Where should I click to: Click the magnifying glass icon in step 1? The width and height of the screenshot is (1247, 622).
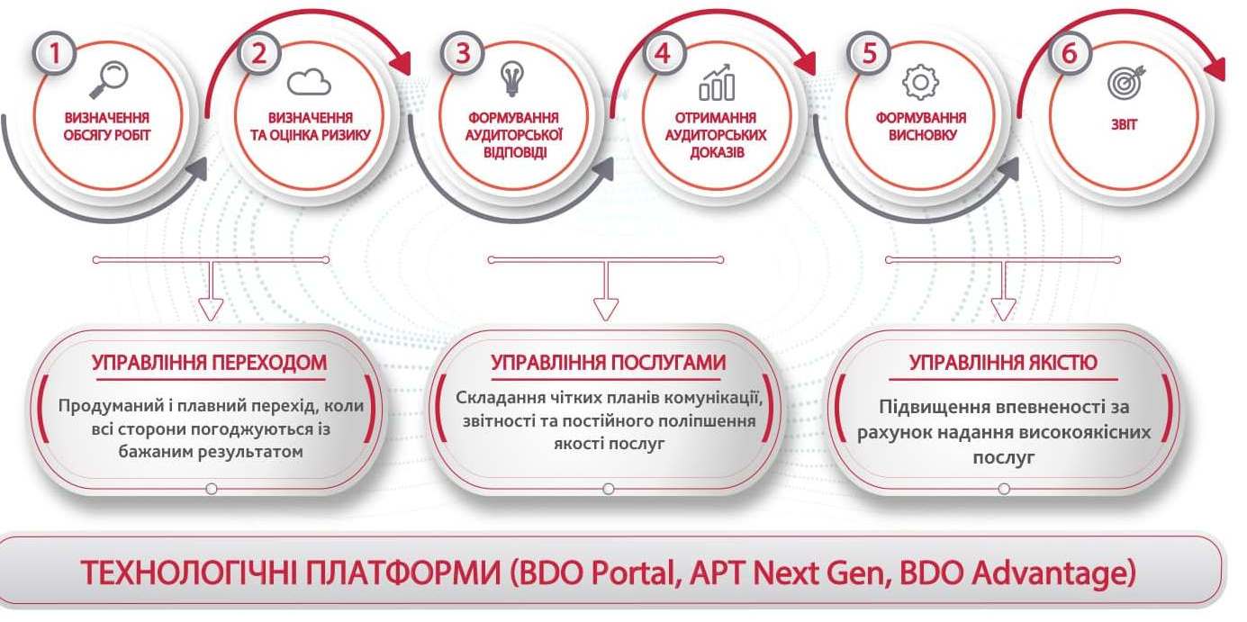109,79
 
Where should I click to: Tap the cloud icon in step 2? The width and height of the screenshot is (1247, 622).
309,82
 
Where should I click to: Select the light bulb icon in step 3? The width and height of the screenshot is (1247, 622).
512,78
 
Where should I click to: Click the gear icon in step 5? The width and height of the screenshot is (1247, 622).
921,82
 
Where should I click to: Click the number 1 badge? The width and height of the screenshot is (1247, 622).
55,53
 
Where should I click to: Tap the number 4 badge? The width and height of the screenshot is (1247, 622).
663,53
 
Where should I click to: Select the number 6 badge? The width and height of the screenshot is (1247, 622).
1070,53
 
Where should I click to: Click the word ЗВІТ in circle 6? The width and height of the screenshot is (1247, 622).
1124,124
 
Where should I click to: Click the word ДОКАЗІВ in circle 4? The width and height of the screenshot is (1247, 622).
717,152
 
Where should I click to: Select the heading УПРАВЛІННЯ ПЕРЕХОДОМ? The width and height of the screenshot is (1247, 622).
209,363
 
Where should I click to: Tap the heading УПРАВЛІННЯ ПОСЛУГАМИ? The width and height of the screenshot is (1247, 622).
609,363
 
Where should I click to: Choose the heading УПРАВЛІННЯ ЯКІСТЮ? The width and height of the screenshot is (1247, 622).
1003,363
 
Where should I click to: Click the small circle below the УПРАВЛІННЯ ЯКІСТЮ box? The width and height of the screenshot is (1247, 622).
1004,489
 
